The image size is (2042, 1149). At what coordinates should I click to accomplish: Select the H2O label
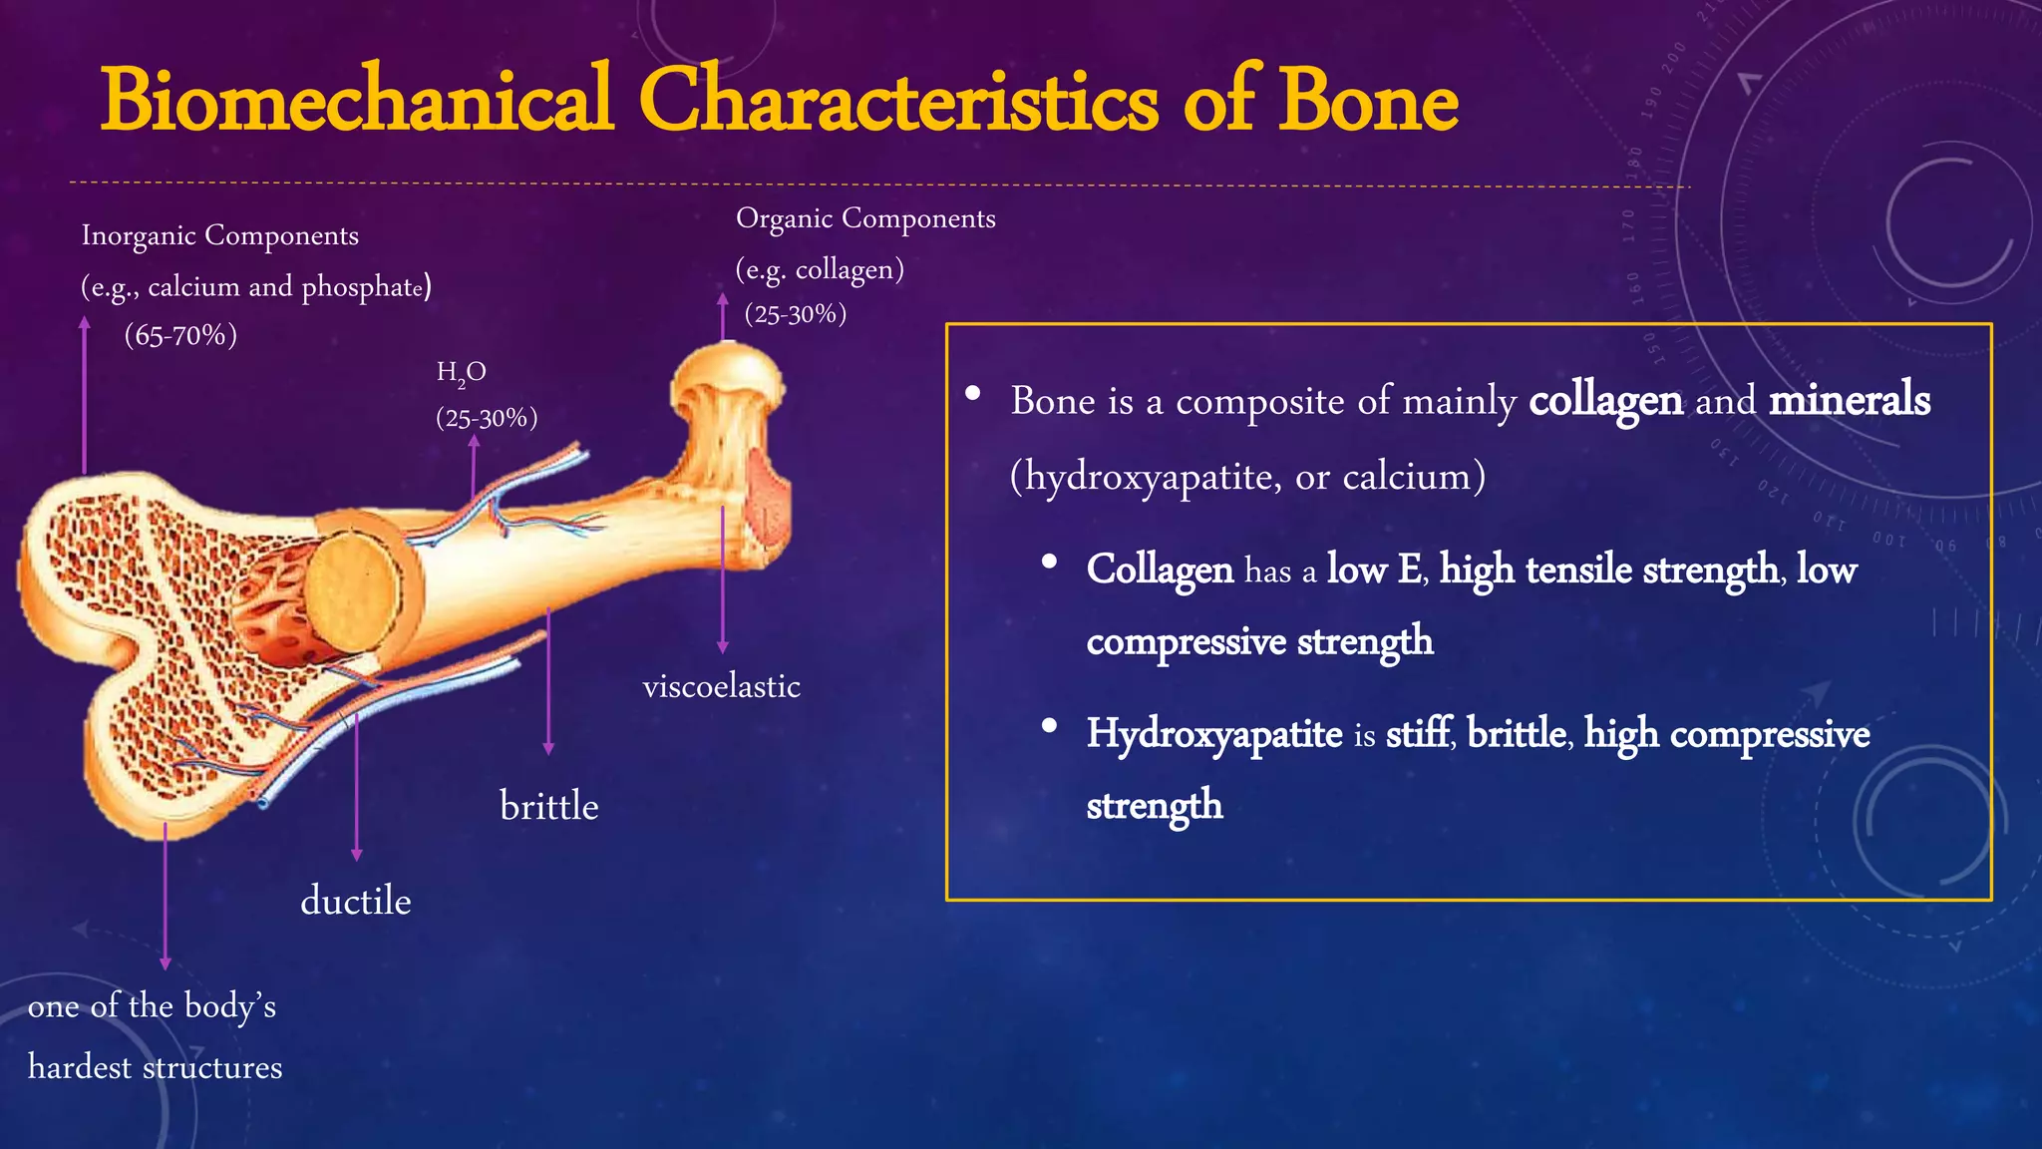pyautogui.click(x=461, y=373)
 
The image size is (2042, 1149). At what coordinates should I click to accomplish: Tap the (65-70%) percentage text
pyautogui.click(x=180, y=335)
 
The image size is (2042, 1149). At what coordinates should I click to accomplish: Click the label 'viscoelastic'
pyautogui.click(x=721, y=686)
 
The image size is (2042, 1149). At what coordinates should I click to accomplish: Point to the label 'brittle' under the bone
pyautogui.click(x=548, y=806)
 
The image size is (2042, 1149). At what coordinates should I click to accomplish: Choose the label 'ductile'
pyautogui.click(x=356, y=901)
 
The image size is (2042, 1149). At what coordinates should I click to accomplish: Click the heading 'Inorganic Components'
pyautogui.click(x=219, y=235)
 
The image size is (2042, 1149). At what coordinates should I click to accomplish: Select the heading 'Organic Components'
pyautogui.click(x=865, y=218)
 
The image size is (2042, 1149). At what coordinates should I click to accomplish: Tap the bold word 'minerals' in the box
pyautogui.click(x=1850, y=399)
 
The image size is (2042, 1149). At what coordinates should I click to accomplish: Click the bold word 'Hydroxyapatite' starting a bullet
pyautogui.click(x=1214, y=734)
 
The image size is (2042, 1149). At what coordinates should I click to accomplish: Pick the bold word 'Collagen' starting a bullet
pyautogui.click(x=1160, y=570)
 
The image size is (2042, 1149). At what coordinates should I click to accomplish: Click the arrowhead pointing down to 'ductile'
pyautogui.click(x=357, y=855)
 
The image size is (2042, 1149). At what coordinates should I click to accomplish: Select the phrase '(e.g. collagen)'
pyautogui.click(x=820, y=269)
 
